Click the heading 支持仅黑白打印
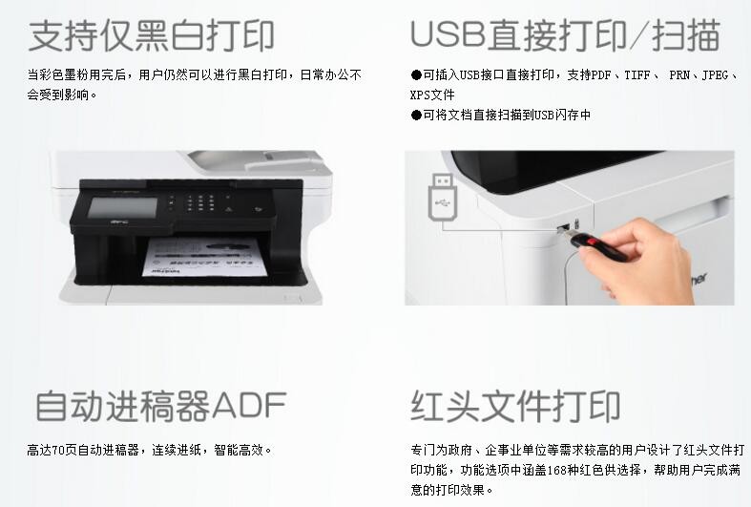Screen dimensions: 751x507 point(152,35)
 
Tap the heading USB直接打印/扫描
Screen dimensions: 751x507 point(565,35)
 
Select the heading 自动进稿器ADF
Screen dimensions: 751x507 point(161,406)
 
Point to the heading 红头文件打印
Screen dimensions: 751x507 point(516,406)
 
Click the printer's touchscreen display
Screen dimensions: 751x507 point(122,207)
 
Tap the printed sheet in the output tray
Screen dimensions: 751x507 point(205,257)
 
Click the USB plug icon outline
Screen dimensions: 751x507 point(442,197)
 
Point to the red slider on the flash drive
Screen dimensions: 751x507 point(594,242)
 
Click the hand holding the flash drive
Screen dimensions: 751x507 point(637,259)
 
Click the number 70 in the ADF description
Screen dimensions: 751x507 point(58,450)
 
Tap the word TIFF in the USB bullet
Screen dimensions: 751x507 point(637,75)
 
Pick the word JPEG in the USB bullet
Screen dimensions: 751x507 point(715,75)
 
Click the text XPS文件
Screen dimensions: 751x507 point(432,95)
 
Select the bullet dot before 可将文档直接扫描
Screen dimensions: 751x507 point(416,115)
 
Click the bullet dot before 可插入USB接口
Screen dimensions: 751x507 point(416,75)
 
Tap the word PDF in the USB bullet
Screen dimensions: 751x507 point(601,75)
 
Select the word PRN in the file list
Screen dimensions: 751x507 point(679,75)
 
